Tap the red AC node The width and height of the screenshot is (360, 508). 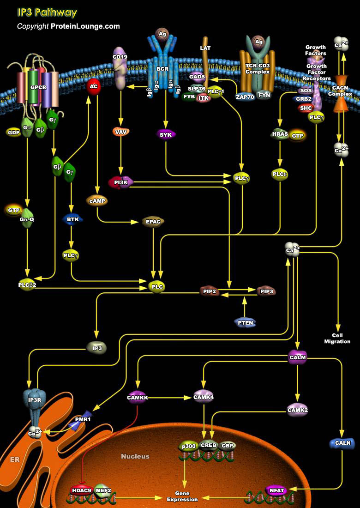(94, 87)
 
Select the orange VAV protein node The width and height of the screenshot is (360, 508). (121, 132)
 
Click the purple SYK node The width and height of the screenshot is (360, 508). (166, 134)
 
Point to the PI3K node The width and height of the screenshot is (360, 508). (121, 182)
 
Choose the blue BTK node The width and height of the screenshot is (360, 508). (72, 219)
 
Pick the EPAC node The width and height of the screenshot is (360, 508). (153, 222)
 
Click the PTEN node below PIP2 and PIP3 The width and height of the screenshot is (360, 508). (245, 322)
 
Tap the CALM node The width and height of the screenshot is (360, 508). (297, 357)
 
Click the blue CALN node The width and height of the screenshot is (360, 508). (342, 443)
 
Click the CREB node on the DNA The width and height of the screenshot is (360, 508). (208, 446)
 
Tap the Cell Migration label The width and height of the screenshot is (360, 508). (337, 339)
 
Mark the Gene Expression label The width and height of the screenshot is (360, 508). (182, 496)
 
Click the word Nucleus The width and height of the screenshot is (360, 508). (135, 456)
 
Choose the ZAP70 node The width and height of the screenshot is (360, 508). (245, 97)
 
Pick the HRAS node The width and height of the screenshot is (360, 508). (280, 134)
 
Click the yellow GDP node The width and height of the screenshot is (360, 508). (14, 132)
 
